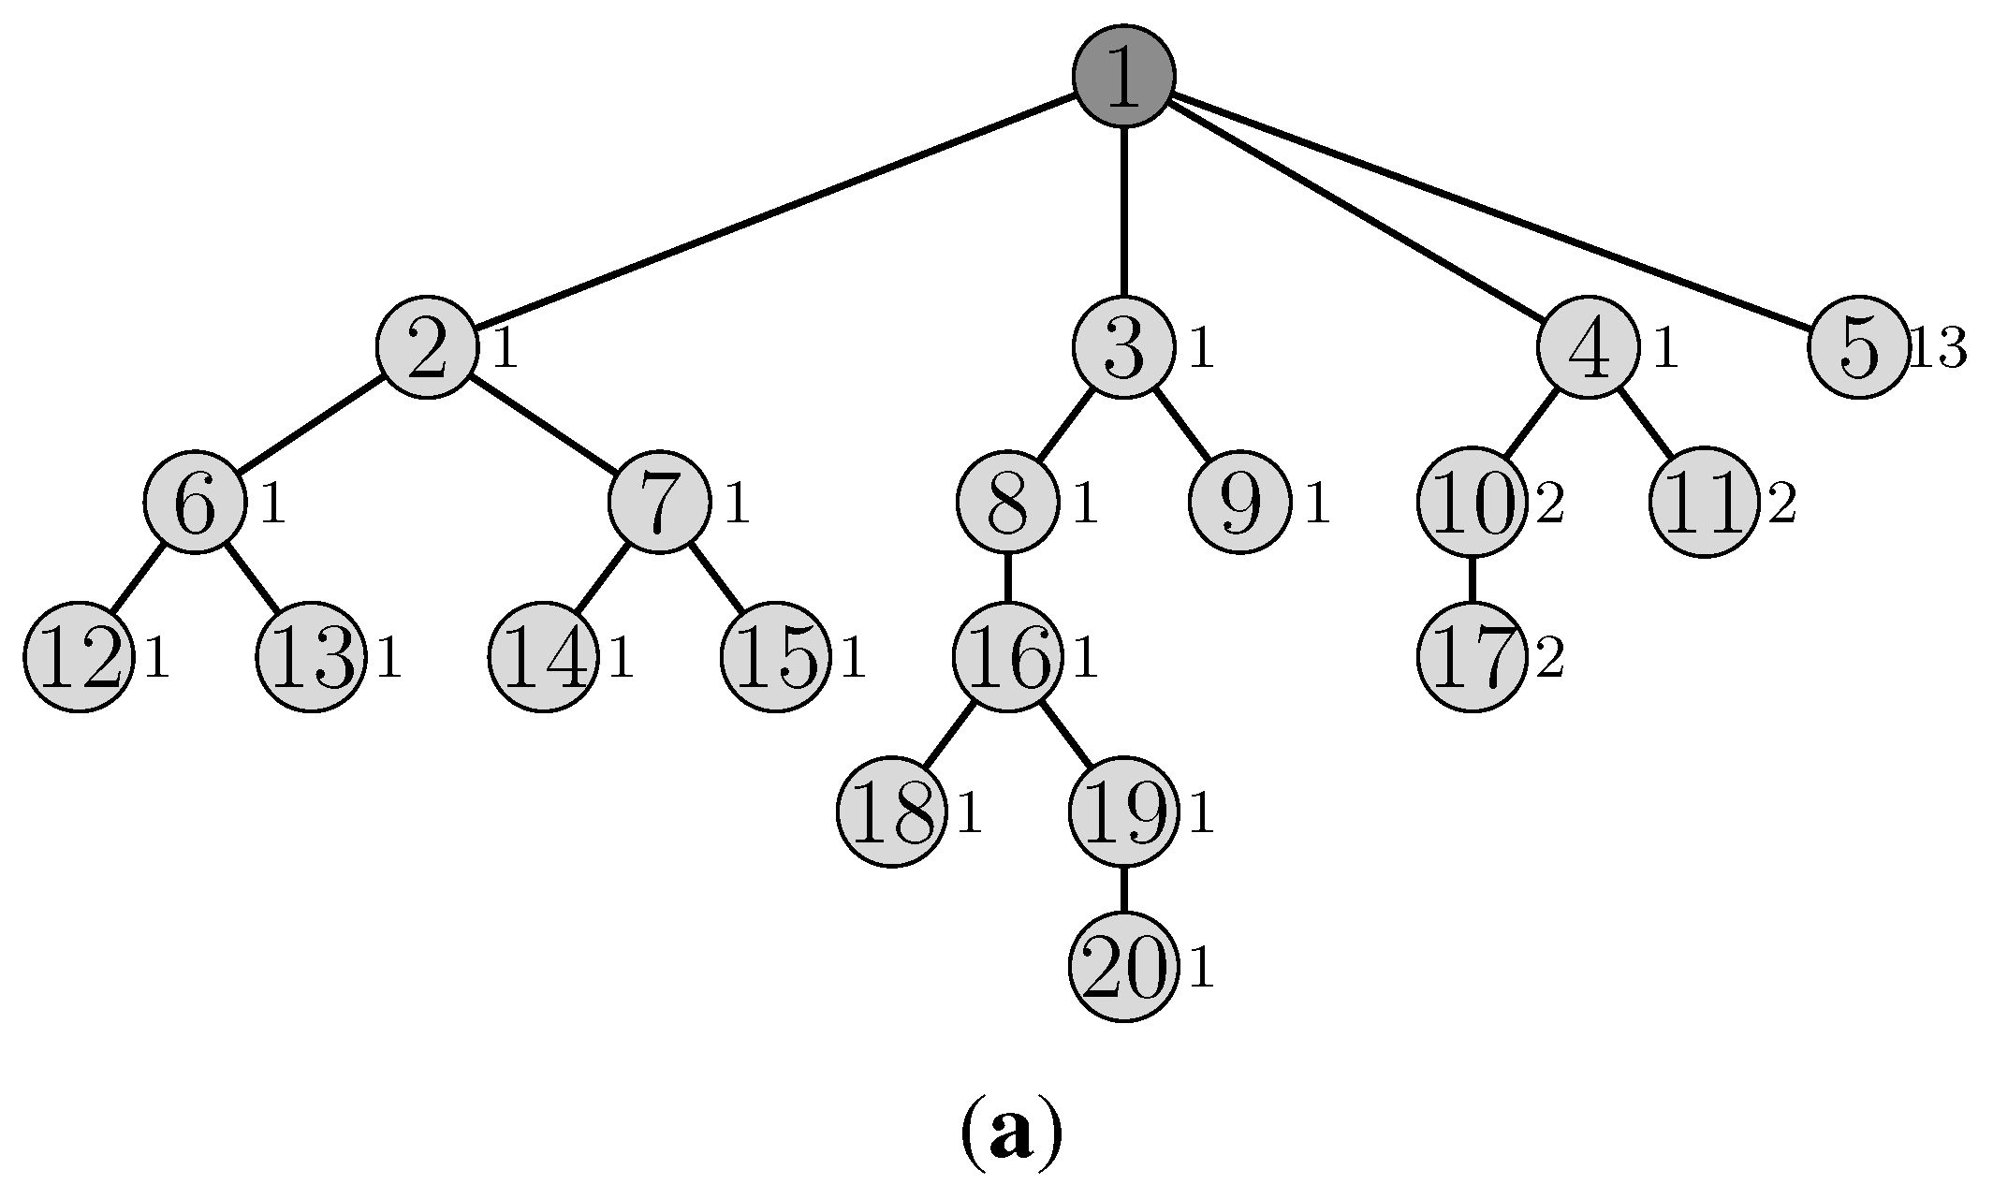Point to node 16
coord(1007,659)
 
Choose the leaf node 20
coord(1122,970)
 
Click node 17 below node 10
coord(1472,659)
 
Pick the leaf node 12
coord(79,659)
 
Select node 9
coord(1239,504)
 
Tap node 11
coord(1704,504)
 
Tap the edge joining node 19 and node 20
coord(1123,893)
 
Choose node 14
coord(543,659)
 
